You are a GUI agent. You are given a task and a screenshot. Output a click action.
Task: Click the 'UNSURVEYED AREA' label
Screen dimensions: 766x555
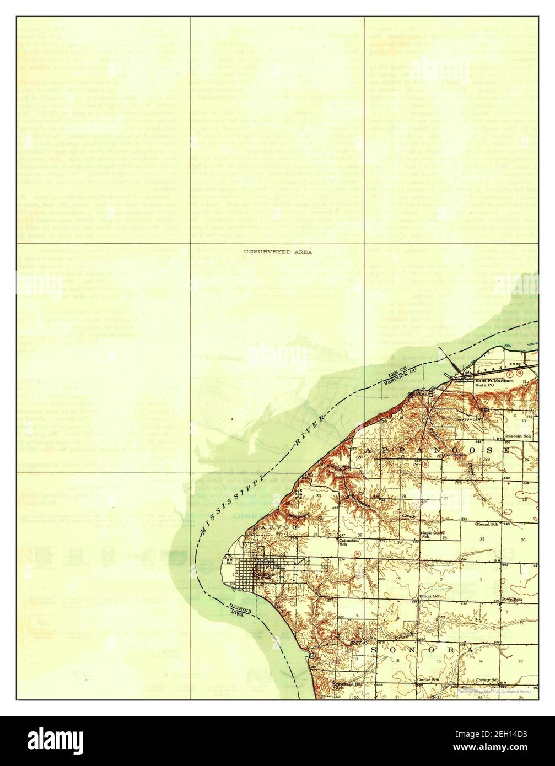tap(278, 252)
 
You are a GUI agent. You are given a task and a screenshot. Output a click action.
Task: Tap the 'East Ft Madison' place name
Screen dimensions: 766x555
tap(494, 381)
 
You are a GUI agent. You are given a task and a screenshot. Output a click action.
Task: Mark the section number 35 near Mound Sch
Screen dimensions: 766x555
tap(482, 538)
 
